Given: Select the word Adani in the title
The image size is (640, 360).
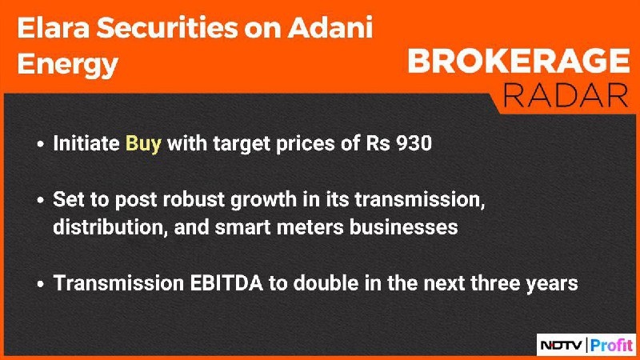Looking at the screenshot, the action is click(x=330, y=28).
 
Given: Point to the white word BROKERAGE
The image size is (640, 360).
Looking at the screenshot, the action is click(x=518, y=61).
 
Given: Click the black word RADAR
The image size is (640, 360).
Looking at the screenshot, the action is click(x=566, y=95).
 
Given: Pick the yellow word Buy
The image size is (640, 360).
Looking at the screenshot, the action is click(x=143, y=144).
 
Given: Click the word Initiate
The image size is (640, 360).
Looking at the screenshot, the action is click(x=86, y=143).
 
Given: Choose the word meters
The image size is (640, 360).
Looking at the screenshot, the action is click(x=310, y=228).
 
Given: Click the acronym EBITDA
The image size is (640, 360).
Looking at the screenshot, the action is click(x=226, y=283).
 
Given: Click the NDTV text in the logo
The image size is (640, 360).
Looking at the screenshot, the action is click(x=562, y=346).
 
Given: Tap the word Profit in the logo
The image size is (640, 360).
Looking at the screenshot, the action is click(x=611, y=346).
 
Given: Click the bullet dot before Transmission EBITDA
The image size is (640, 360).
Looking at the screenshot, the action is click(x=40, y=284).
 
